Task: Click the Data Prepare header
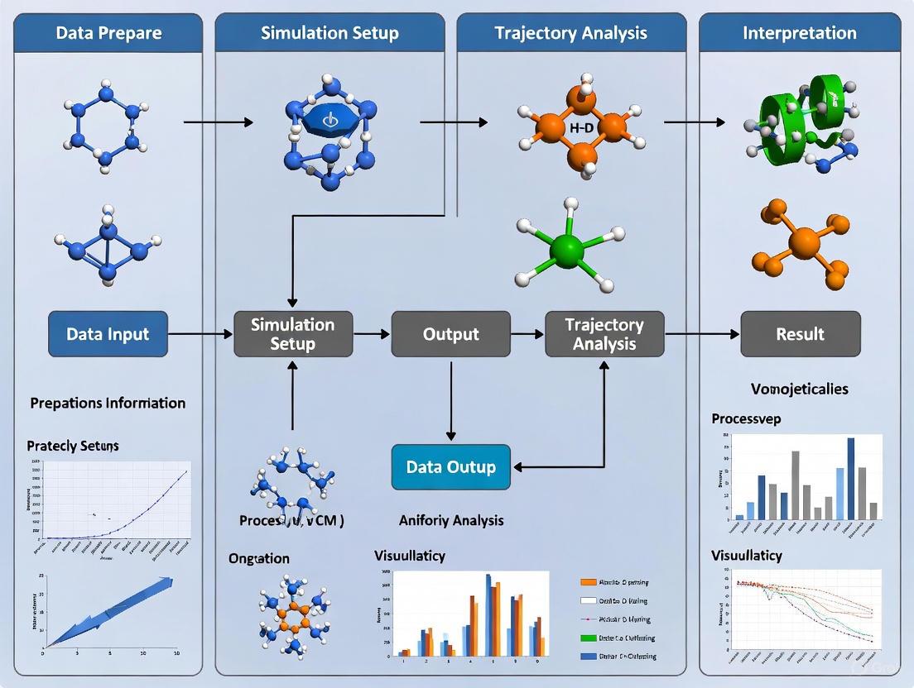pos(108,34)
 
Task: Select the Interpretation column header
pos(799,34)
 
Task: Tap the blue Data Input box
pos(108,334)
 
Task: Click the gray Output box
pos(450,334)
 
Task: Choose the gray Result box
pos(800,334)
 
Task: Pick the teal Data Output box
pos(450,466)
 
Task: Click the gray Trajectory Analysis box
pos(604,334)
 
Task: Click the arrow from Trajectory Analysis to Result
pos(702,334)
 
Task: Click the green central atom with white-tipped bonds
pos(566,249)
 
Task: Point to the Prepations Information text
pos(108,403)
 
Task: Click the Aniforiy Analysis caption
pos(450,520)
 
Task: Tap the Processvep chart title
pos(746,418)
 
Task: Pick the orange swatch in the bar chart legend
pos(589,582)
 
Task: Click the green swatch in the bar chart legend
pos(589,638)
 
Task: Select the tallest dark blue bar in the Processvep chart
pos(850,478)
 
